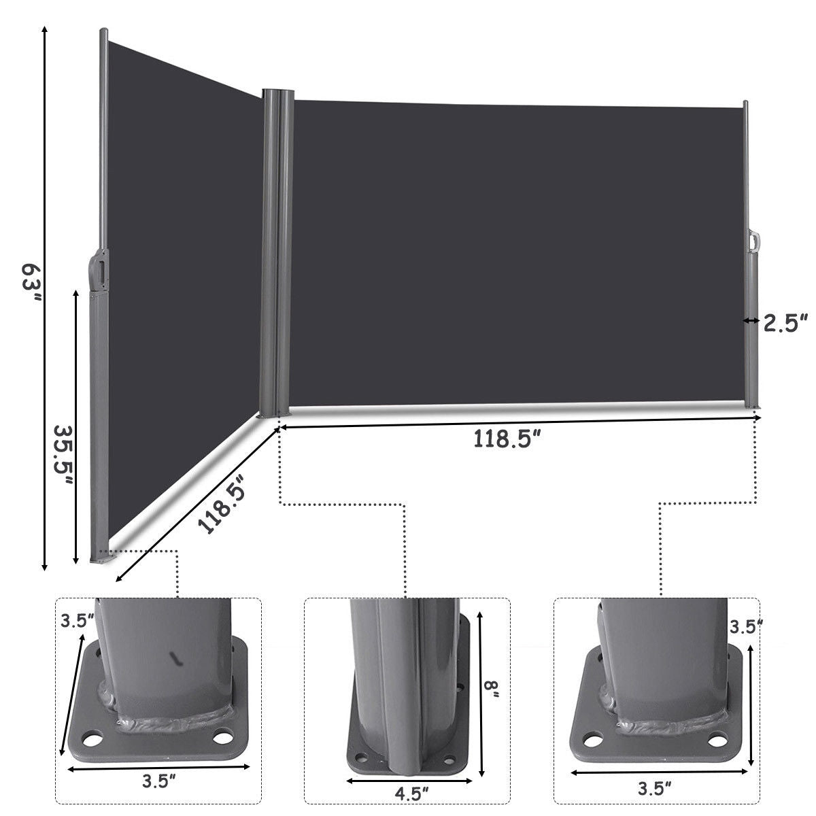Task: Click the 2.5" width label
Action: [785, 322]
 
